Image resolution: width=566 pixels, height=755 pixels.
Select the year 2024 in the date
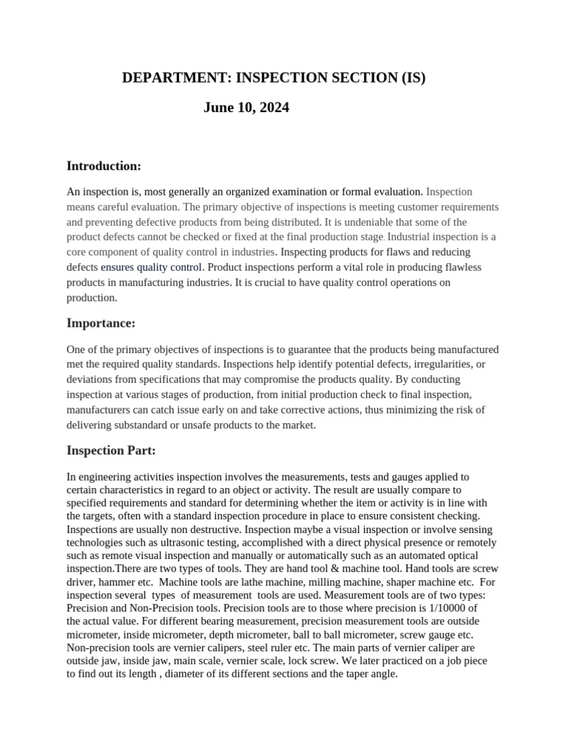tap(273, 108)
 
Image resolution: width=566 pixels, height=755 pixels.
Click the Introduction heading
tap(104, 166)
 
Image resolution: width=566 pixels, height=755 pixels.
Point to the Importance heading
tap(101, 323)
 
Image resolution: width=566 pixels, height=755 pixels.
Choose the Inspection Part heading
tap(111, 450)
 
